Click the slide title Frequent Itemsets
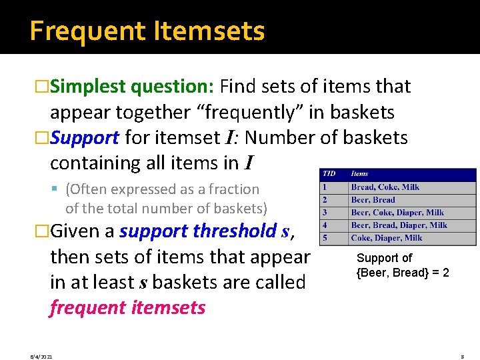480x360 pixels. (x=147, y=31)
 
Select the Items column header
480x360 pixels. (x=360, y=174)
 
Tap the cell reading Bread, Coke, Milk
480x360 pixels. (x=385, y=187)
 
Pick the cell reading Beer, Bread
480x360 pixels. (x=373, y=200)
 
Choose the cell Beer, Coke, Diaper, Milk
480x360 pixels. (x=397, y=213)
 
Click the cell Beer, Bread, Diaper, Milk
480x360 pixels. (x=399, y=225)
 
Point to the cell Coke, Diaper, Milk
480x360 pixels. (x=387, y=238)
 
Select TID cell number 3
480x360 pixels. (x=325, y=213)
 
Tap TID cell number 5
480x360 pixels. (x=325, y=238)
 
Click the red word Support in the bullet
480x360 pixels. (x=85, y=138)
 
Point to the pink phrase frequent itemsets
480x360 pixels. (x=127, y=308)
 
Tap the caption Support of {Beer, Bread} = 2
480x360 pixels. (x=403, y=265)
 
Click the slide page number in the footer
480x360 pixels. (x=462, y=357)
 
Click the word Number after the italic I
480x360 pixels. (x=281, y=138)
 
